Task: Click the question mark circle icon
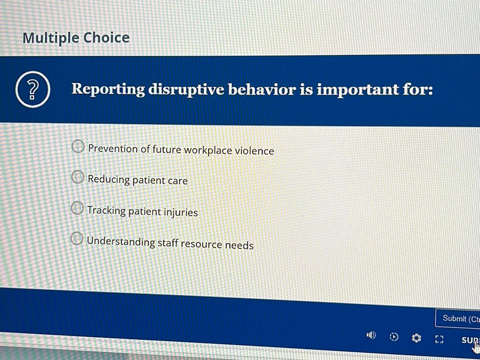[x=33, y=89]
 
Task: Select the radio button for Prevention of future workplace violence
[x=78, y=146]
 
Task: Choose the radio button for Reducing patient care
[x=78, y=177]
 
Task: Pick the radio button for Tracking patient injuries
[x=77, y=208]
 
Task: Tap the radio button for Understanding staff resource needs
[x=77, y=239]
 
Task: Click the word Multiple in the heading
[x=51, y=38]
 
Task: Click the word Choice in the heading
[x=107, y=38]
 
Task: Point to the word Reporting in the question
[x=108, y=90]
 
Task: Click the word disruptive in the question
[x=187, y=90]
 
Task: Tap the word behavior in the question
[x=262, y=90]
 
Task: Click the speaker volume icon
[x=371, y=335]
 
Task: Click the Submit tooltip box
[x=458, y=319]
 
